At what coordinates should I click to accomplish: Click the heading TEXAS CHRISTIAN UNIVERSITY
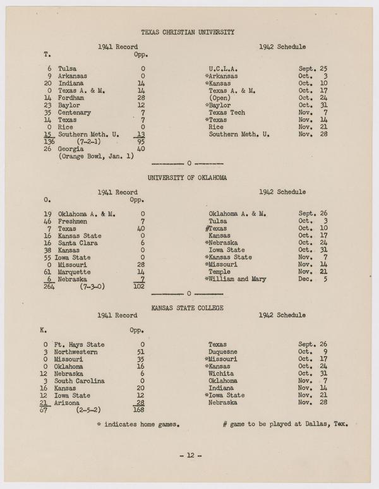(x=188, y=32)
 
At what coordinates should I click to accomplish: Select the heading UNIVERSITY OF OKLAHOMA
(x=188, y=178)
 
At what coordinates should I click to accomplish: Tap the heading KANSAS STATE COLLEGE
(x=188, y=307)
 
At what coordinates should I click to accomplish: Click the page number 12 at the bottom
(x=188, y=456)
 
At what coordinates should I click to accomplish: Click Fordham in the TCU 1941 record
(x=72, y=98)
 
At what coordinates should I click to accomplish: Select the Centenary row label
(x=75, y=112)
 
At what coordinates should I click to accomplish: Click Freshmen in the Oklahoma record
(x=73, y=222)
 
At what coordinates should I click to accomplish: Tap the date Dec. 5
(x=312, y=279)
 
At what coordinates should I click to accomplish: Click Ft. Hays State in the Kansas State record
(x=83, y=345)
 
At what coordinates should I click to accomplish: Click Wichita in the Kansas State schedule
(x=221, y=373)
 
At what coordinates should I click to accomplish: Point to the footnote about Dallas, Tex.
(x=285, y=423)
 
